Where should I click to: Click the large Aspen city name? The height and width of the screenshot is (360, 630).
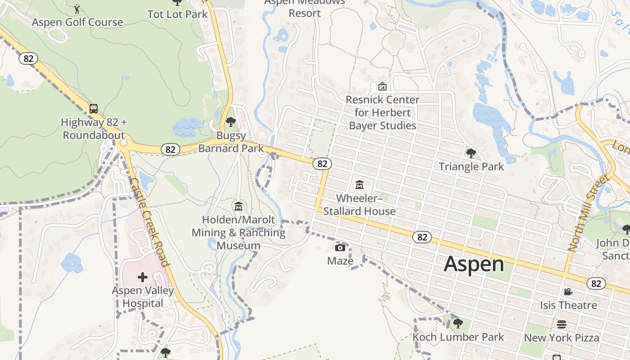point(474,264)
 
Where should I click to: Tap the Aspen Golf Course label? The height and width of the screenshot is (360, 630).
point(77,22)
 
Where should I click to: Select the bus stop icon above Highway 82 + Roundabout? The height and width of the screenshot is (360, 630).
point(94,108)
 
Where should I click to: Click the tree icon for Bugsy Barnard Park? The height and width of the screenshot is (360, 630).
point(231,121)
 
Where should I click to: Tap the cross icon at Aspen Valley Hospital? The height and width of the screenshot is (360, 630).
point(143,277)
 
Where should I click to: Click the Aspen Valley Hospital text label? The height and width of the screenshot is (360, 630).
point(143,297)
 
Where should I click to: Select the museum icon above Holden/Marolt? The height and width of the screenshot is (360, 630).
point(238,207)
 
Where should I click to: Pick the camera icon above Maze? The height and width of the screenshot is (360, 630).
point(340,247)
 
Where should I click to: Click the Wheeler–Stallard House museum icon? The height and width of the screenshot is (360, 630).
point(360,184)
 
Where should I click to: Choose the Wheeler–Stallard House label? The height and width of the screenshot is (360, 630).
point(360,205)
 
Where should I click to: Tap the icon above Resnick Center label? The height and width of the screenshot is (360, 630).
point(382,86)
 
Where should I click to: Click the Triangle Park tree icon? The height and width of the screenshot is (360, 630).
point(471,153)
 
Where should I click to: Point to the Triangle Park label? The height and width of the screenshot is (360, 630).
point(471,166)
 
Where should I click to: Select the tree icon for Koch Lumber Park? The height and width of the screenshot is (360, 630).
point(458,324)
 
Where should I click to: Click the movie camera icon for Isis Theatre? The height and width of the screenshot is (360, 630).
point(568,292)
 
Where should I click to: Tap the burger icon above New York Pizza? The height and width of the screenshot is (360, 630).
point(562,324)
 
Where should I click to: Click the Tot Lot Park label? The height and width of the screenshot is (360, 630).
point(178,14)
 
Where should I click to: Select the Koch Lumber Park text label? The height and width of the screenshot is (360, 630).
point(459,337)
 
